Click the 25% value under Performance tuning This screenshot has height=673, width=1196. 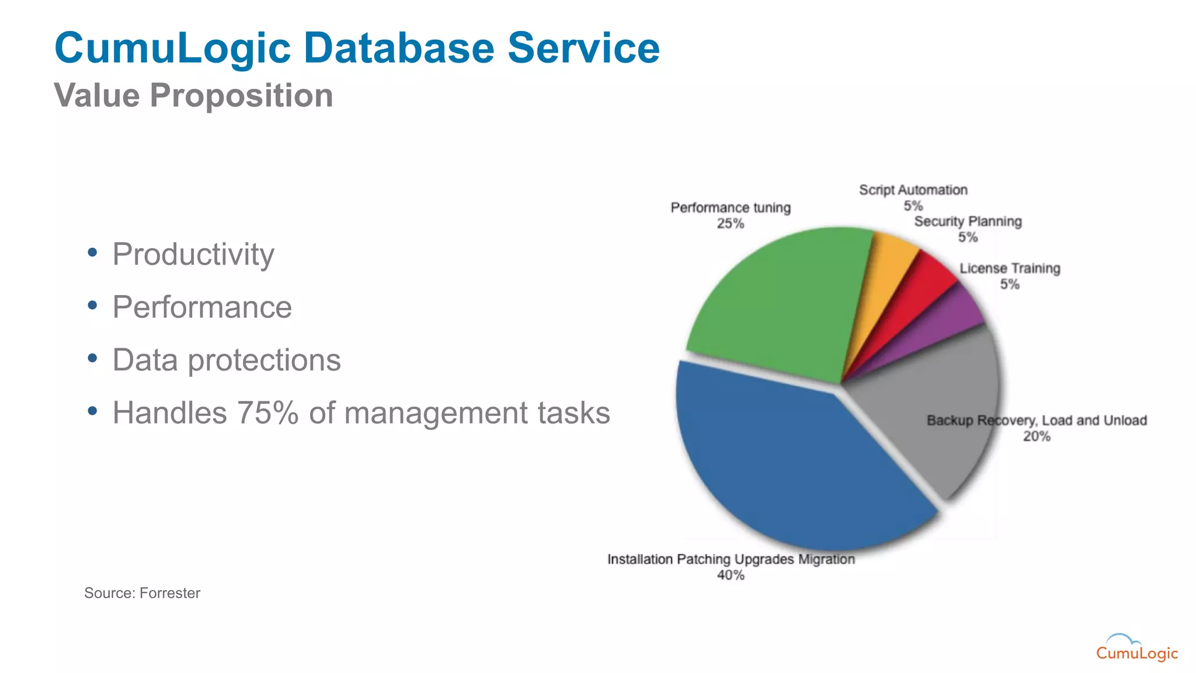731,224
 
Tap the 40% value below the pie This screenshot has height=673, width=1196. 731,575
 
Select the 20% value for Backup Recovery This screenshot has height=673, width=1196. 1037,436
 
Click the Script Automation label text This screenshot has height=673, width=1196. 913,190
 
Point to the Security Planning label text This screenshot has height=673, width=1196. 968,221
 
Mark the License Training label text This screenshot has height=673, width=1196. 1010,268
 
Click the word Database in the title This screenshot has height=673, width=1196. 398,48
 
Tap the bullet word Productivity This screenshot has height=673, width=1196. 193,254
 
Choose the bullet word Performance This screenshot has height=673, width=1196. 202,307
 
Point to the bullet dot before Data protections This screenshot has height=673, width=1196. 92,358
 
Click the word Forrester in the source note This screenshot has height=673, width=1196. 170,593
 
